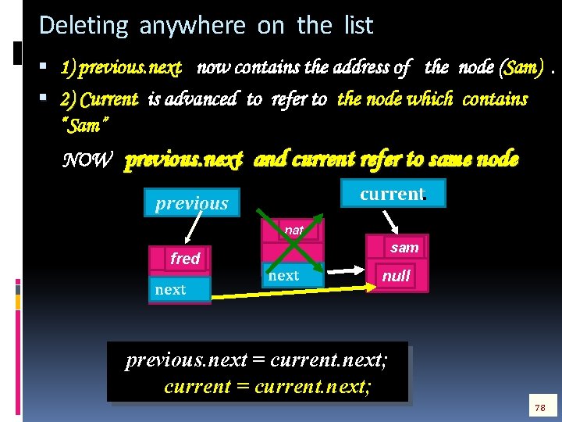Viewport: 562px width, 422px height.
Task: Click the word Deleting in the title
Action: point(83,26)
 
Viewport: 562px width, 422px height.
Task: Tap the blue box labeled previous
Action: point(191,203)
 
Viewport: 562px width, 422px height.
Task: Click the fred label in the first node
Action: point(185,259)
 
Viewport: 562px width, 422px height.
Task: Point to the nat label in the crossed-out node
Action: point(294,231)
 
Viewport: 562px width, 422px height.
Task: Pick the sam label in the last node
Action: point(404,248)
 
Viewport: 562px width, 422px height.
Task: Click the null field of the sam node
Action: point(396,276)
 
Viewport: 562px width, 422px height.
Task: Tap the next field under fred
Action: point(171,290)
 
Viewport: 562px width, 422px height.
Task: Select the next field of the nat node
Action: point(283,275)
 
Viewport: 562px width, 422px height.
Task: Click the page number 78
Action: point(539,408)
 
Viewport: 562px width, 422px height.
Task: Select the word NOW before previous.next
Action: point(87,160)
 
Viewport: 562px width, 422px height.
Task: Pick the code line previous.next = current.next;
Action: point(257,361)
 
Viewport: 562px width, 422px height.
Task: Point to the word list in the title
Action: point(358,26)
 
